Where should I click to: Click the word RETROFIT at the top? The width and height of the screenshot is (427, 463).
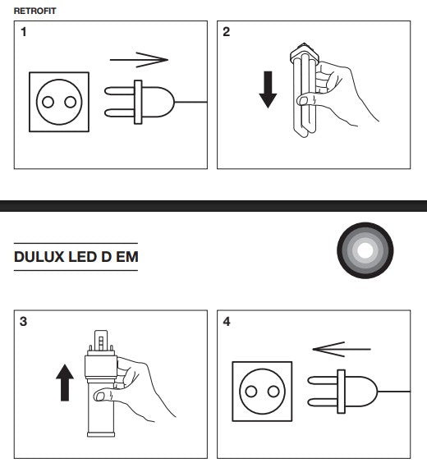pos(34,11)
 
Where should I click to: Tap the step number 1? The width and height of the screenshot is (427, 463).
pos(24,32)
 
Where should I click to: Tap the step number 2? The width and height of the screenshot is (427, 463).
pos(226,32)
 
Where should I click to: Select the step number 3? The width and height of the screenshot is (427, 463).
pos(23,321)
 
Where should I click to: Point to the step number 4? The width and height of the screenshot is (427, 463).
pos(227,321)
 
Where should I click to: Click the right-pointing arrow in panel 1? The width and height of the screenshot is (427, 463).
pos(139,60)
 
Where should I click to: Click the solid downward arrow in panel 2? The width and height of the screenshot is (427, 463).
pos(268,89)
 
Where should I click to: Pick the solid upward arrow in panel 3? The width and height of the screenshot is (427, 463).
pos(65,383)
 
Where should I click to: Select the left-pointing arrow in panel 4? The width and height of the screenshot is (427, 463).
pos(342,349)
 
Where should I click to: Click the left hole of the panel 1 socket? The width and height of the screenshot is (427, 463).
pos(48,102)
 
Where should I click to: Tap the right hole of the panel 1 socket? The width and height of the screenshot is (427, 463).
pos(71,102)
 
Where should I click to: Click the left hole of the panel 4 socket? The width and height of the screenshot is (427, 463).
pos(251,392)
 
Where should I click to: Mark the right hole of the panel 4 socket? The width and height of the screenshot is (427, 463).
pos(273,392)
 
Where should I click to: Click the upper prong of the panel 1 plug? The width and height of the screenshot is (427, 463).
pos(120,91)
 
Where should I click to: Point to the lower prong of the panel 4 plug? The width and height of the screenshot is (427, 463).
pos(323,402)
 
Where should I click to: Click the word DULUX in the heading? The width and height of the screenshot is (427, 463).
pos(39,257)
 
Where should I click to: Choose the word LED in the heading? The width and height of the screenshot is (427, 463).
pos(83,257)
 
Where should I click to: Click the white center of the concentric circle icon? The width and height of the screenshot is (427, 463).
pos(365,250)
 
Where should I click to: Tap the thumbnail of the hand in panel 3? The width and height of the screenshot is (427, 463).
pos(100,397)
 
